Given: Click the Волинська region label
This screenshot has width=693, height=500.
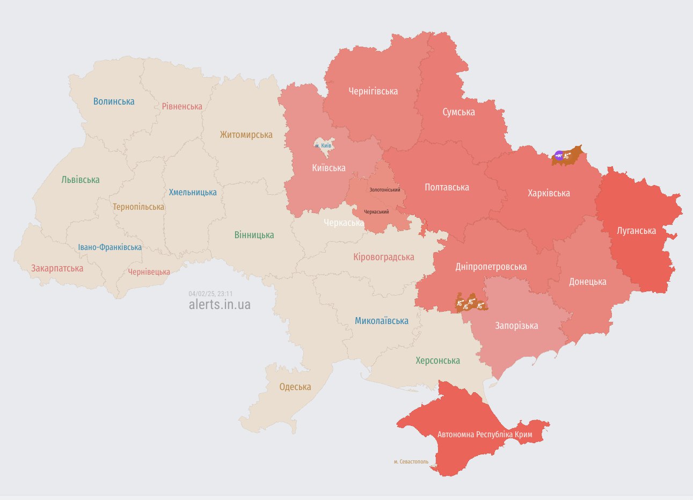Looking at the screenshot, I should coord(114,101).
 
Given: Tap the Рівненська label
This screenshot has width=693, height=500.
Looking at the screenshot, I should coord(182,106).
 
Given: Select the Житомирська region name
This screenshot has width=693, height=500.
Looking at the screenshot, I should coord(246,135).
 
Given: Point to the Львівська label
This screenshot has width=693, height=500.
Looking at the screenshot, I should coord(81,180).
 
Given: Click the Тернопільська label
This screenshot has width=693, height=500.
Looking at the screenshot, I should coord(138,207).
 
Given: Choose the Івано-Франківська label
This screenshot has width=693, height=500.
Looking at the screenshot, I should coord(110,247).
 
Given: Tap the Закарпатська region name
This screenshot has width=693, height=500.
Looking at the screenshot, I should coord(57,268).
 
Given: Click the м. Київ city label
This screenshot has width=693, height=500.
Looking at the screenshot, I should coord(323,146).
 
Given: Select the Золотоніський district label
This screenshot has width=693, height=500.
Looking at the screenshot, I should coord(384,190).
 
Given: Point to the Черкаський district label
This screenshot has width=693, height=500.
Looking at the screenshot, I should coord(376,212).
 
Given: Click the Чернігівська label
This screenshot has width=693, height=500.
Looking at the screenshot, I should coord(373,91).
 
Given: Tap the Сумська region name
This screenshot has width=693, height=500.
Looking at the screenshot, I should coord(458,112).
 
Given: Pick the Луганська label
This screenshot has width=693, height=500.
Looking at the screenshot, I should coord(636,231).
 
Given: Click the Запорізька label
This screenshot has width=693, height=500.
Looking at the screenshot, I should coord(516,326).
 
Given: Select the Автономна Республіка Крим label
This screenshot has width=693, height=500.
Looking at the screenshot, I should coord(485,434).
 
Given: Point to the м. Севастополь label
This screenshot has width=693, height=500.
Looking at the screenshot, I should coord(411,461).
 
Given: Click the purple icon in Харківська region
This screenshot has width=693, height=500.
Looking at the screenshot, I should coord(559,156).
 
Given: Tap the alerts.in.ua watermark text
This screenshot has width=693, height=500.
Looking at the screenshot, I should coord(220,305).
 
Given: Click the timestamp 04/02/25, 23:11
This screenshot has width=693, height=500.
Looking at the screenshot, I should coord(210,293).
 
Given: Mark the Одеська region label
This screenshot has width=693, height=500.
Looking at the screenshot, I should coord(295,387).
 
